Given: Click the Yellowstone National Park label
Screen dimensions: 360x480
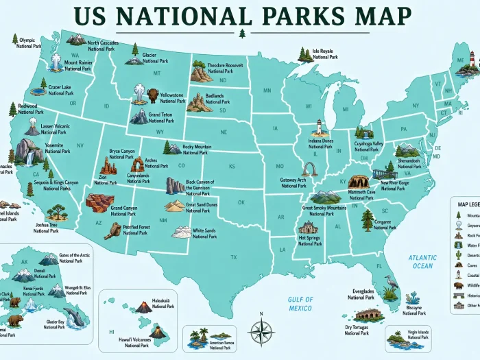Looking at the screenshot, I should (x=171, y=97).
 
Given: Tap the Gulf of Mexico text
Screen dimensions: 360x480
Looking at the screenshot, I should (x=300, y=303).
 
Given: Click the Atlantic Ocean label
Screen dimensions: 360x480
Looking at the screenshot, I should (x=422, y=261).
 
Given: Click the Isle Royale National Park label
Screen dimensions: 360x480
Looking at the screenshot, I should (x=325, y=53).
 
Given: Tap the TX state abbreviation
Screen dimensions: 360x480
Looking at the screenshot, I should (x=234, y=257).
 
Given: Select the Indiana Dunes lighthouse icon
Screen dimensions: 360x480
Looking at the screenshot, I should (x=319, y=128).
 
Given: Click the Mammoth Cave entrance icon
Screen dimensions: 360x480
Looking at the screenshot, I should (x=359, y=182).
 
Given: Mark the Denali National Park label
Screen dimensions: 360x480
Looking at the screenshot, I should (x=45, y=274).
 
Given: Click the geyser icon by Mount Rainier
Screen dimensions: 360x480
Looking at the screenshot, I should (x=55, y=63).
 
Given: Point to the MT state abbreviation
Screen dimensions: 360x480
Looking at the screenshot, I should (x=157, y=73).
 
